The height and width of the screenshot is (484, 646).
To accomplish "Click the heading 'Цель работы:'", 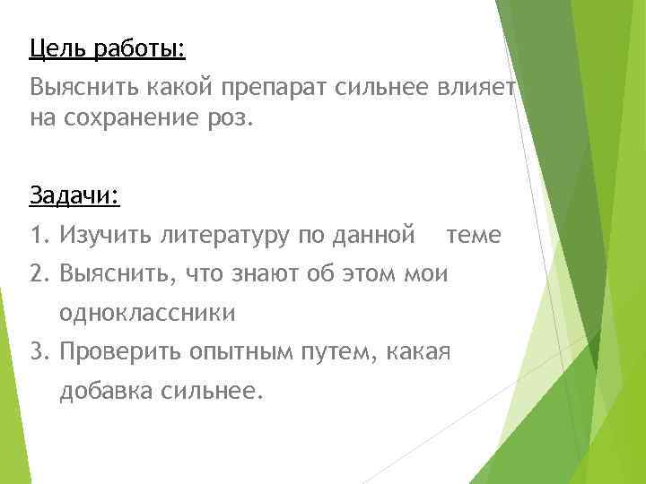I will point(106,47).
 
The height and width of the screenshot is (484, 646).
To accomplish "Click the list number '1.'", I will point(39,236).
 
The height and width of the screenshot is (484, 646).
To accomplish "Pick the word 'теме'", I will point(474,236).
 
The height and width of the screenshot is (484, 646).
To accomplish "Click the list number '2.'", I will point(39,274).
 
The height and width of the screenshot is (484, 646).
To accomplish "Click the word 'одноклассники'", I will point(147,314).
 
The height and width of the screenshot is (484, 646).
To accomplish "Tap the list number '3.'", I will point(39,352).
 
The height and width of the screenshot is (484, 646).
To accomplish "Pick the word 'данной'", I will point(373,236).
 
